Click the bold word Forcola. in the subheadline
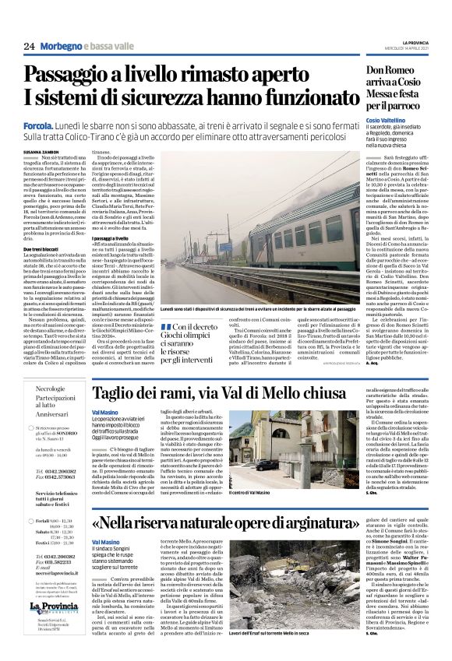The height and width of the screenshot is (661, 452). [x=38, y=125]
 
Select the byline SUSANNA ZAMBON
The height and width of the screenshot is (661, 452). [x=41, y=153]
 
